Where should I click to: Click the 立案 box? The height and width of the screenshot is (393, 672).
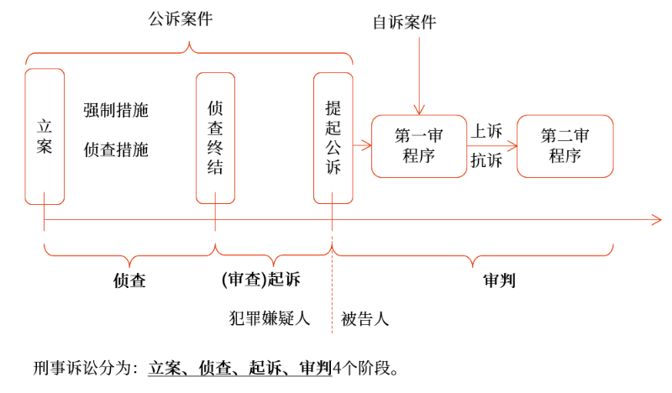[x=45, y=136]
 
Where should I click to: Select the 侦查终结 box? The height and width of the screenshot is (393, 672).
[x=215, y=138]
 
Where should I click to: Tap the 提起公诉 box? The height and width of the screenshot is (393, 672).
[x=333, y=138]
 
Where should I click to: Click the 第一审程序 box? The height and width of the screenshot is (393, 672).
[x=418, y=145]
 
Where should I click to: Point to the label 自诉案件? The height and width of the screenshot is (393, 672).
[x=405, y=23]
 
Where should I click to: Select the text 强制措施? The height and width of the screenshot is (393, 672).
[x=116, y=110]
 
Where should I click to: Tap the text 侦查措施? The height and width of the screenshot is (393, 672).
[x=116, y=149]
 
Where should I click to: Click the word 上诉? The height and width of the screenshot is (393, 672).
[x=486, y=131]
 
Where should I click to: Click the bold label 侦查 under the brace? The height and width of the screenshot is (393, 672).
[x=129, y=281]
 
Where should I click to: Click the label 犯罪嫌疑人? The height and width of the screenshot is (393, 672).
[x=270, y=319]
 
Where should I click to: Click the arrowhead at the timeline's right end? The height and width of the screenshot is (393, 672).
[x=657, y=221]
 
